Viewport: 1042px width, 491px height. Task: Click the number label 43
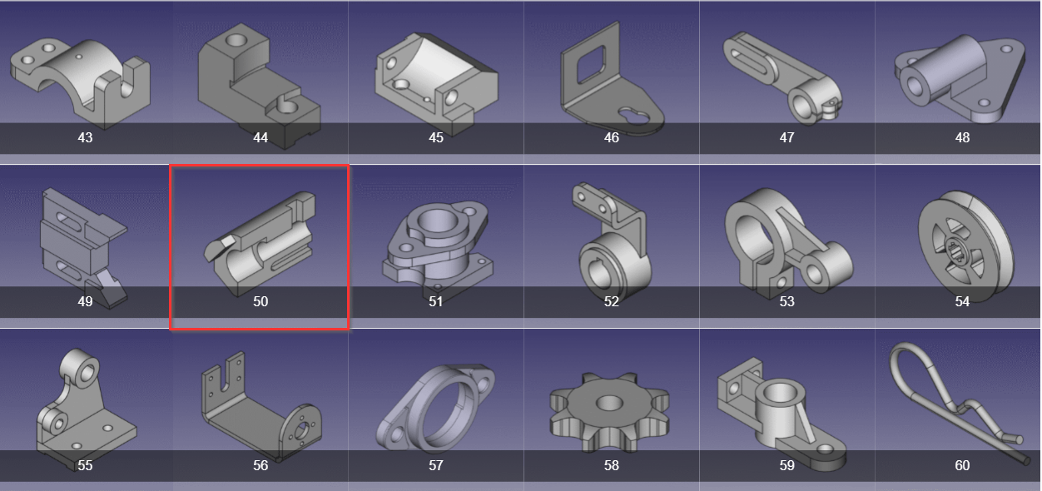pos(85,137)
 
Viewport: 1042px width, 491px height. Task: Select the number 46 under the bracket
pos(611,137)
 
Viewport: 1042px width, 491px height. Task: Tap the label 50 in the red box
pos(260,301)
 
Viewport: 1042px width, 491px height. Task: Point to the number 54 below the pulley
pos(962,301)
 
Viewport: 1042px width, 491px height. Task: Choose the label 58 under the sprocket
pos(611,465)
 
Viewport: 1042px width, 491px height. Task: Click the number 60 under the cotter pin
pos(962,465)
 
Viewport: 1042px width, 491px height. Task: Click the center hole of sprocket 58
pos(609,403)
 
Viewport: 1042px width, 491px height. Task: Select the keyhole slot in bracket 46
pos(630,117)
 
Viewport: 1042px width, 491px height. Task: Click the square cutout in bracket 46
pos(591,64)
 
